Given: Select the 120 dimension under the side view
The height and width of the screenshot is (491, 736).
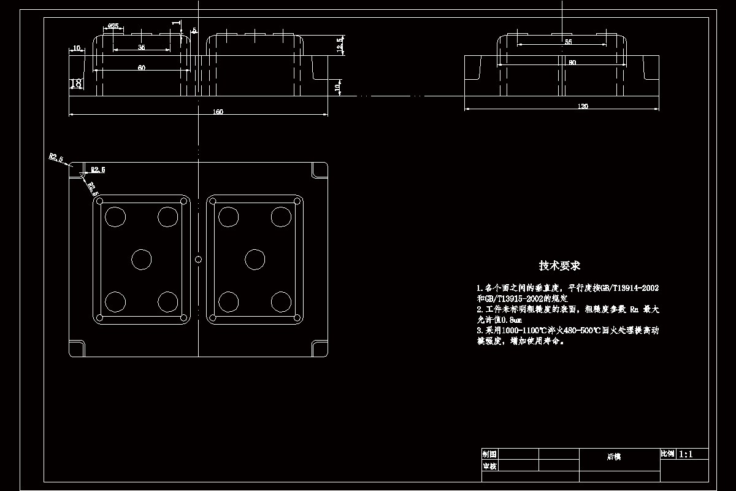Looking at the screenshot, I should [x=583, y=107].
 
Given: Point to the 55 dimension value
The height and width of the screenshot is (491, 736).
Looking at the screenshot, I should [x=568, y=42].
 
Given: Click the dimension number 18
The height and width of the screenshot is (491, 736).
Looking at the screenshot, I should [x=76, y=83].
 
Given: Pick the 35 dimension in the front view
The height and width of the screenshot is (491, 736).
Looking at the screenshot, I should [x=141, y=47].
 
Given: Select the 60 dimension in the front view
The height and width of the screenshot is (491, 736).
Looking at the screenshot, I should [x=142, y=68].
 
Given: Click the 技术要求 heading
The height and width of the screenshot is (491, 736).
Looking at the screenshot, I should [x=559, y=266].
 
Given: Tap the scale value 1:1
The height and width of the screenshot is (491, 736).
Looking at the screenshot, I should [x=685, y=454].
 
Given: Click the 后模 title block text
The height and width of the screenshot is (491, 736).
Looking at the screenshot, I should [x=614, y=457].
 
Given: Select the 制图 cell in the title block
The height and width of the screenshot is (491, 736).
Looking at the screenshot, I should [x=489, y=454].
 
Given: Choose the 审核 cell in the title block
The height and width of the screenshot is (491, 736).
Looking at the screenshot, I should [x=489, y=466].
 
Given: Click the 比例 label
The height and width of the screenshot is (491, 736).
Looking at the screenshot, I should [x=667, y=454].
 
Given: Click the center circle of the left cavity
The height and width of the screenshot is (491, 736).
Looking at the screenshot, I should [x=142, y=259].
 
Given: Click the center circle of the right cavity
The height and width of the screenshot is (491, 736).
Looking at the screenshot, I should [x=255, y=259].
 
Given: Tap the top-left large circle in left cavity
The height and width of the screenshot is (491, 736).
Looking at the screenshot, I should [x=115, y=216].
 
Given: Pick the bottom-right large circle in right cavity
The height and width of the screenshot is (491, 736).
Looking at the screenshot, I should [x=281, y=301].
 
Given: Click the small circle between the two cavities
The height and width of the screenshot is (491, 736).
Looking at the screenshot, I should [x=198, y=259].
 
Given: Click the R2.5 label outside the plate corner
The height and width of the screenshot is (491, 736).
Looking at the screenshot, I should [x=56, y=158].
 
